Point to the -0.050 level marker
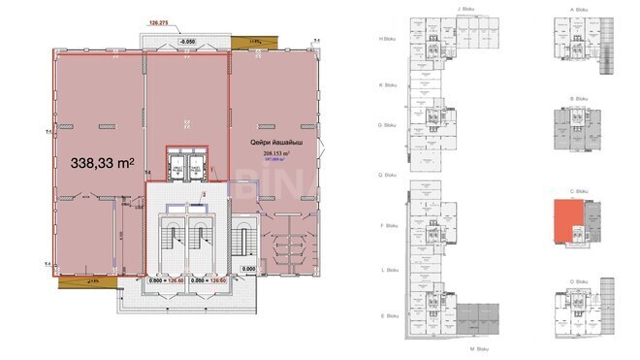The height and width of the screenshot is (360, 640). pos(187,43)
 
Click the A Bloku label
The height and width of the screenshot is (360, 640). pos(579,9)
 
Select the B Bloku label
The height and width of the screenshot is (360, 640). pos(579,97)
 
